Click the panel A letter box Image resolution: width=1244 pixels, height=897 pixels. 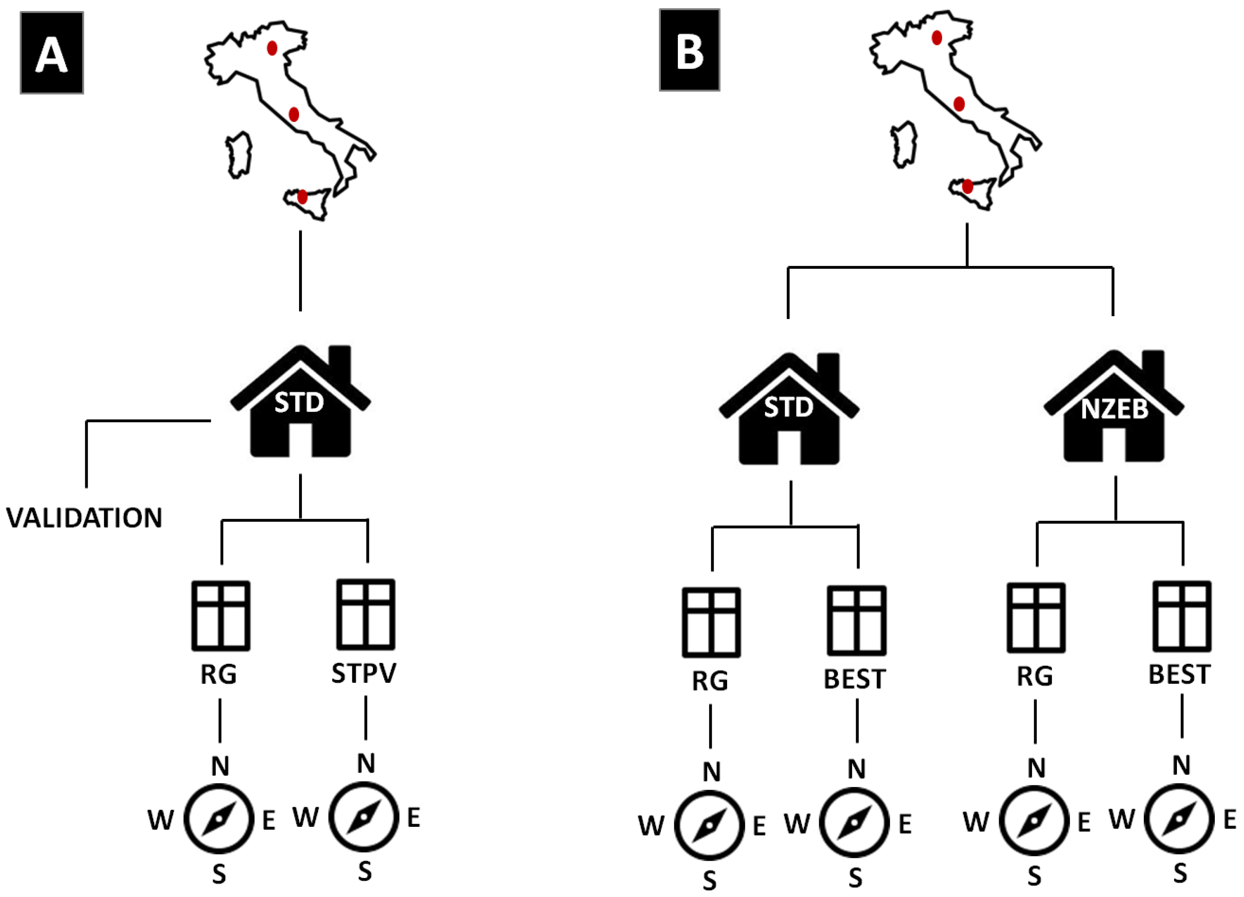pos(52,52)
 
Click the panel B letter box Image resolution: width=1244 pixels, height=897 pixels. pos(689,50)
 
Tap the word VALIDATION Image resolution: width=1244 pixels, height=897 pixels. pos(84,517)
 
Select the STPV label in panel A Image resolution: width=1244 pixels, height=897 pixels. pos(364,673)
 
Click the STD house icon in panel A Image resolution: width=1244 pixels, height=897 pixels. pos(300,403)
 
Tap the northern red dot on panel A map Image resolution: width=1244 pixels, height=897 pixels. pos(272,48)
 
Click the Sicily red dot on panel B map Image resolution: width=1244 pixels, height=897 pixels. pos(967,187)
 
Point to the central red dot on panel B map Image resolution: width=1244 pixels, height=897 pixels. pos(959,104)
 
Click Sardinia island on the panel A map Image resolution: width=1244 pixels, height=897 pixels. pos(239,155)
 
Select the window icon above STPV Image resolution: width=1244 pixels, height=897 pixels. pos(365,614)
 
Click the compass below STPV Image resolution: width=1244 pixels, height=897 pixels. pos(364,817)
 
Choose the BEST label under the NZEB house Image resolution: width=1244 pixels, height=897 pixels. pos(1179,674)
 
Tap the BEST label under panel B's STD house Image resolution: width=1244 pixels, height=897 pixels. pos(855,679)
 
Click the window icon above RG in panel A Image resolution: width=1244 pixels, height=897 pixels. pos(221,616)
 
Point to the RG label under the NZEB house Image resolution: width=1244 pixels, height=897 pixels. pos(1034,676)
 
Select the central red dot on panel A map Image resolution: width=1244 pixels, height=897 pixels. pos(294,114)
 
